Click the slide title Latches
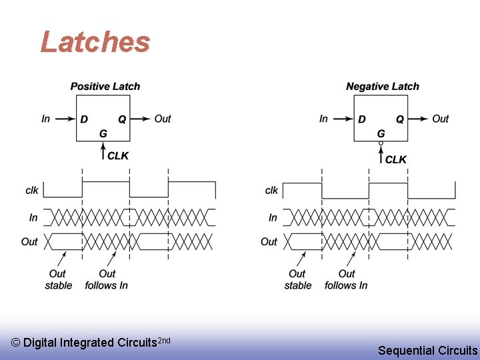[95, 42]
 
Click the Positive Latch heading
[105, 86]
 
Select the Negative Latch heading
[383, 86]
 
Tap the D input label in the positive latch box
[84, 119]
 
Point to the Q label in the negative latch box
[400, 119]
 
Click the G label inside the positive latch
[103, 133]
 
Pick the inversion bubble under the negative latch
[381, 143]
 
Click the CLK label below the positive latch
[118, 155]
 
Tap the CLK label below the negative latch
[396, 159]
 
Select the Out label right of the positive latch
[163, 119]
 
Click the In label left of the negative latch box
[323, 119]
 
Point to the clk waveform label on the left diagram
[31, 191]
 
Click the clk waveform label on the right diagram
[271, 191]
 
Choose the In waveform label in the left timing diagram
[33, 217]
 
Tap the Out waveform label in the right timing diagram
[269, 241]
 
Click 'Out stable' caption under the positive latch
[59, 279]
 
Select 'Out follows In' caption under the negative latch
[346, 279]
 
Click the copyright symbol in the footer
[16, 343]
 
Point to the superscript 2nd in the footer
[163, 340]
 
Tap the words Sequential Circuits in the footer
[427, 350]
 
